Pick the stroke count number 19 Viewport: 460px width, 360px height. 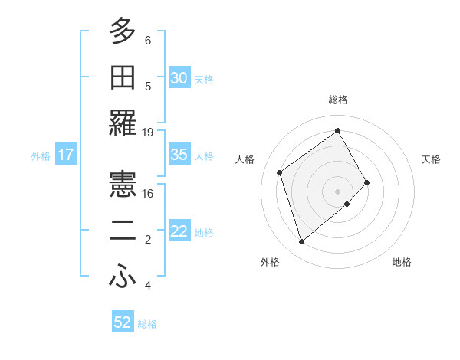coord(148,132)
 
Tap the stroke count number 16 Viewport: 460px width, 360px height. coord(148,193)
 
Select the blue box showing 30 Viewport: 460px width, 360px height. coord(179,78)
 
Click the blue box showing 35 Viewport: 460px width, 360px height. coord(179,155)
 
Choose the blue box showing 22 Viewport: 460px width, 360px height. coord(179,231)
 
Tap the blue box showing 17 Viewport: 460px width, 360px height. coord(66,155)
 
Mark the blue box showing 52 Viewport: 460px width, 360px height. coord(123,322)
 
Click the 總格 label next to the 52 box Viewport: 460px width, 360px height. coord(147,324)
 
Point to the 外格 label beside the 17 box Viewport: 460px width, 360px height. coord(41,156)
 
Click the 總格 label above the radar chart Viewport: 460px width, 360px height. coord(337,100)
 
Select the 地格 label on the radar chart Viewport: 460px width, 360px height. coord(402,262)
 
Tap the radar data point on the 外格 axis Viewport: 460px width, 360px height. coord(302,242)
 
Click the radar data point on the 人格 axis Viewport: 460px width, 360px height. coord(280,172)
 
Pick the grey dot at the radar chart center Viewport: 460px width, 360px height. coord(337,190)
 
